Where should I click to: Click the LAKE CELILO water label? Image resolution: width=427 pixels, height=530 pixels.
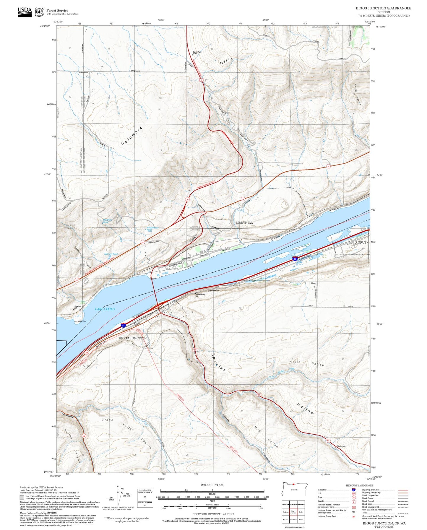(x=105, y=309)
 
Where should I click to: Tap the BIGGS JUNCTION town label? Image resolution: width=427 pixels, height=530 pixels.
(x=133, y=338)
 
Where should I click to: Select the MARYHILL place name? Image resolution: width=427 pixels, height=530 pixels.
(x=244, y=223)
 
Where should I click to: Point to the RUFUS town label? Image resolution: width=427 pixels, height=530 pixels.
(x=361, y=243)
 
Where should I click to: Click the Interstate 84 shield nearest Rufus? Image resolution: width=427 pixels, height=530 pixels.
(x=295, y=259)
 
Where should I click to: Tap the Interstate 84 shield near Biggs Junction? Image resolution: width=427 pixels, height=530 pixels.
(x=124, y=326)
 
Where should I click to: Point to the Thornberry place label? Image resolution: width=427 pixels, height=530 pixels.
(x=342, y=446)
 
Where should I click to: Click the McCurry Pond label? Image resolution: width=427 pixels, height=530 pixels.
(x=111, y=254)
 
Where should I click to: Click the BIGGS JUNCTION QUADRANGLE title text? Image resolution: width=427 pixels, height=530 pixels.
(x=383, y=8)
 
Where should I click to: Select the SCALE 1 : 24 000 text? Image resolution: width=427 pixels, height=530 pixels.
(x=212, y=485)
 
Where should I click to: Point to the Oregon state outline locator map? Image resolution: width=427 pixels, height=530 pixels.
(x=295, y=489)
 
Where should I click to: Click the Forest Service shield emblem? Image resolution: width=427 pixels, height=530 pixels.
(x=39, y=12)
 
